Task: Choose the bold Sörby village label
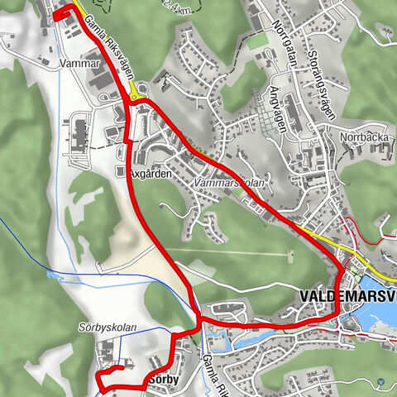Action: click(x=164, y=380)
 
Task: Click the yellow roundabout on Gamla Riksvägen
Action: click(x=134, y=97)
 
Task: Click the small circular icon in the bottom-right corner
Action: click(x=380, y=382)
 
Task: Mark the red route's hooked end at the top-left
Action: click(x=59, y=15)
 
